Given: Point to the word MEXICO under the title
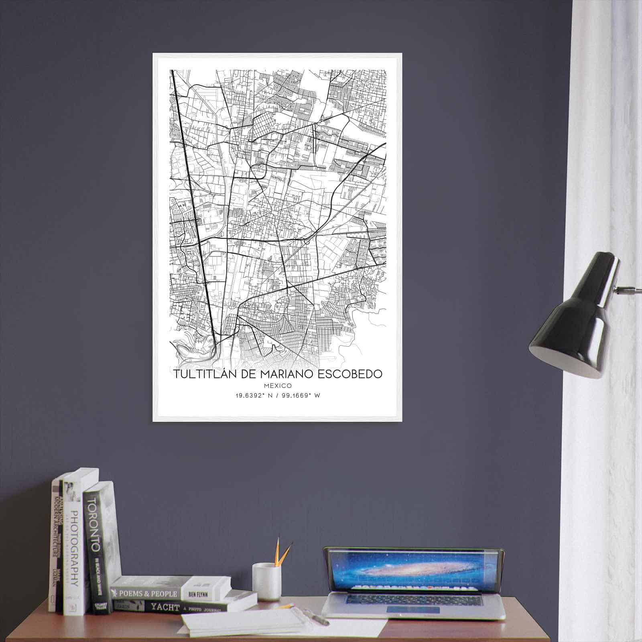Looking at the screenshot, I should pyautogui.click(x=278, y=386).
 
